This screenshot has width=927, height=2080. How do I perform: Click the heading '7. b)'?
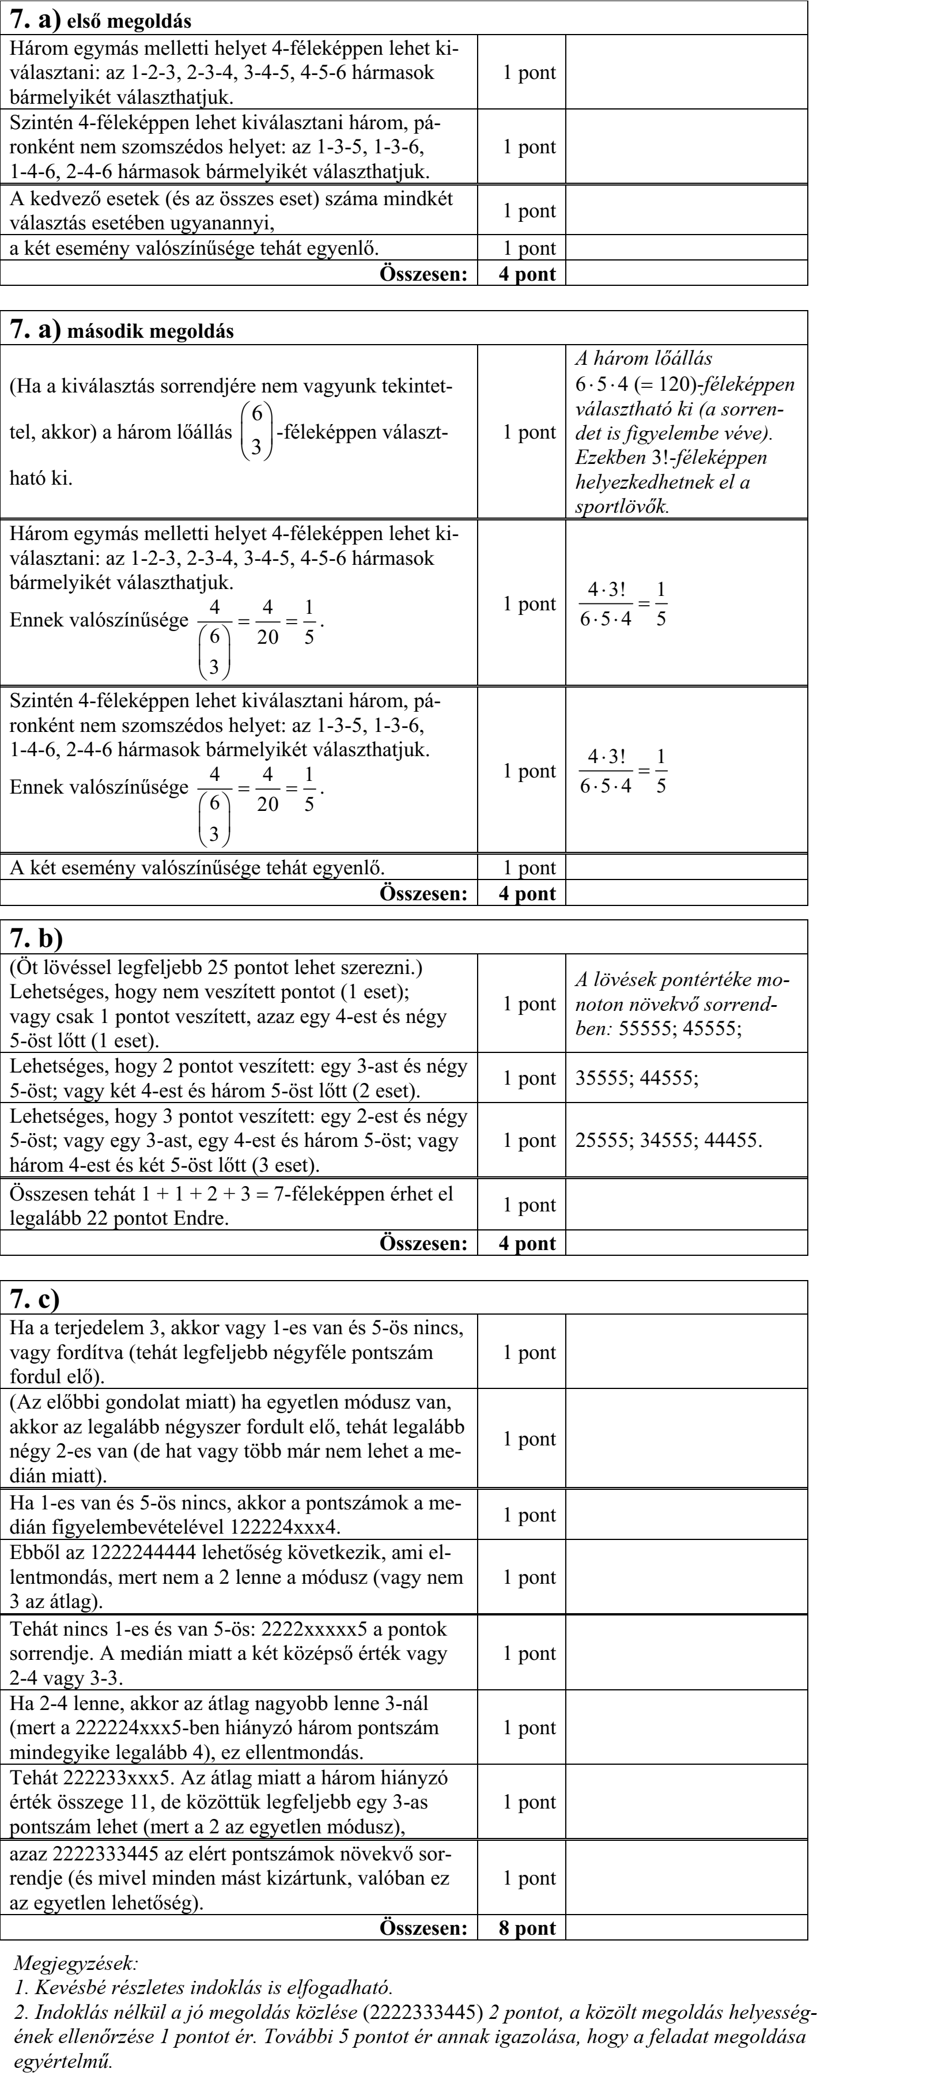36,938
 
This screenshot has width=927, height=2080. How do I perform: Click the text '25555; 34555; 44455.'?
668,1140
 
